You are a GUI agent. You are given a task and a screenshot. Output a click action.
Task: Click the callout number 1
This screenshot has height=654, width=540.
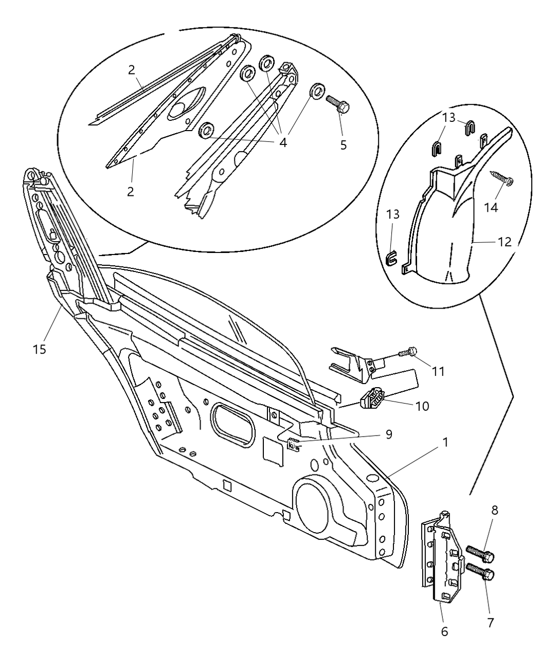coord(445,442)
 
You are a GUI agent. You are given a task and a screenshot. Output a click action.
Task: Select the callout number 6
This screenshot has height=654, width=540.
coord(444,631)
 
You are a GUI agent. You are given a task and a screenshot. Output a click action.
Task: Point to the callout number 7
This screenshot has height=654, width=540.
coord(490,623)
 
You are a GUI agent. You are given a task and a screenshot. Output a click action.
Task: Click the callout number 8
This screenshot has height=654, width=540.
coord(494,511)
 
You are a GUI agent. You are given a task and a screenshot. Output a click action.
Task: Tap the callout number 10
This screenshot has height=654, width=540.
coord(422,406)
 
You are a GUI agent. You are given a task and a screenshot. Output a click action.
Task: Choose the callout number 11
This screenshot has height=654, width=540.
coord(438,371)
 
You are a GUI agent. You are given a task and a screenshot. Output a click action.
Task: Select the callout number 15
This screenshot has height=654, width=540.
coord(39,349)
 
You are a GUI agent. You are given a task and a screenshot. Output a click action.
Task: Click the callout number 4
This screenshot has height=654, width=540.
coord(283,142)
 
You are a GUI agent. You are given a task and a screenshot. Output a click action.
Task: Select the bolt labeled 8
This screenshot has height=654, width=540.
coord(481,554)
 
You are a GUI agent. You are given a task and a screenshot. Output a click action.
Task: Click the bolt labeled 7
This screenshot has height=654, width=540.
coord(481,572)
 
